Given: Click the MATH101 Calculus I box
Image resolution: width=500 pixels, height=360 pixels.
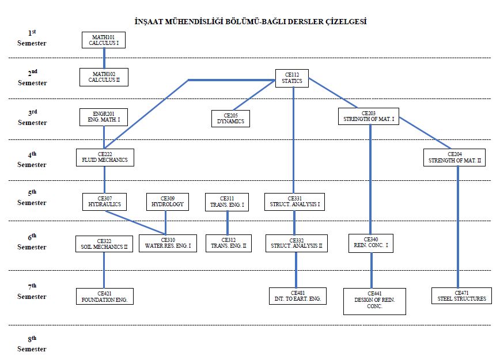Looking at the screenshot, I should click(104, 40).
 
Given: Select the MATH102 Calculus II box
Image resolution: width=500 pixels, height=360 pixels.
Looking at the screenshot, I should click(104, 77).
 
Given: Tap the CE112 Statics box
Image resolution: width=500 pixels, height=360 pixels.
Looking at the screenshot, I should click(293, 78).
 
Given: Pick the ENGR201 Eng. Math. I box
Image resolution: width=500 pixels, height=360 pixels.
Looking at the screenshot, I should click(104, 118).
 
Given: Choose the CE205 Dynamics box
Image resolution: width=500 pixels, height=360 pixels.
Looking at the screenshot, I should click(230, 118).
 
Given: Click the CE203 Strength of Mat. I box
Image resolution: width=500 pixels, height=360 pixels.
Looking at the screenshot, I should click(368, 116).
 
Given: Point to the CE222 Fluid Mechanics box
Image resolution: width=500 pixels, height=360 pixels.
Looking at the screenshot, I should click(105, 157).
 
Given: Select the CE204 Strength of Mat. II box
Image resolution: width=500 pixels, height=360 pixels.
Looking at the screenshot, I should click(454, 157).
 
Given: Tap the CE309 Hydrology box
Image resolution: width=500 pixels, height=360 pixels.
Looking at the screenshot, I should click(168, 201).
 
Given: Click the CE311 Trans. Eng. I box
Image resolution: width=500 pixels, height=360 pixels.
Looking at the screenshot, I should click(227, 201).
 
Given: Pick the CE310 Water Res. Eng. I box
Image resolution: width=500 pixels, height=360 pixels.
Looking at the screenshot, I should click(168, 243).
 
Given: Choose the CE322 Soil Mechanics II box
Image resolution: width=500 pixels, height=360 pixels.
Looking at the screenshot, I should click(104, 244).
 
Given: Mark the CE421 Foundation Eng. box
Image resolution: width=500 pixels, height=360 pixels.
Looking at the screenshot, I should click(105, 296).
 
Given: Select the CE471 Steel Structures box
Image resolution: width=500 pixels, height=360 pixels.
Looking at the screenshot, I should click(459, 295).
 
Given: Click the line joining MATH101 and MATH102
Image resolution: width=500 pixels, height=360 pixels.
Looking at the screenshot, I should click(104, 58).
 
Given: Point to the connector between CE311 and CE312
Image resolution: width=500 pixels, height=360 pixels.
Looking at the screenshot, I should click(228, 223).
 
